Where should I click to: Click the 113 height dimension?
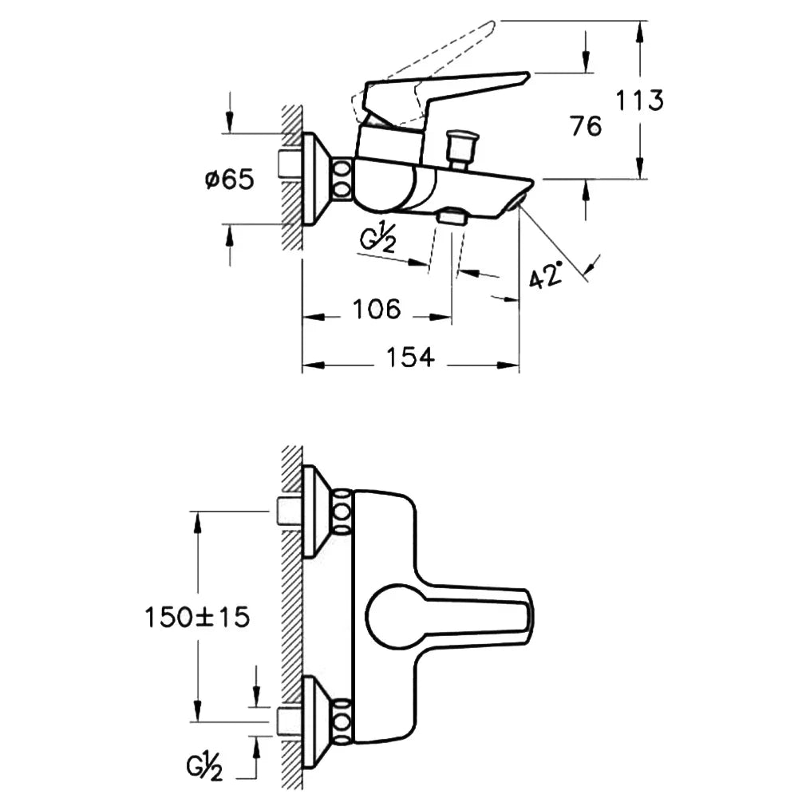pyautogui.click(x=640, y=101)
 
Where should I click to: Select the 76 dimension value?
pyautogui.click(x=586, y=126)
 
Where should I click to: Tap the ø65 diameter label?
pyautogui.click(x=229, y=179)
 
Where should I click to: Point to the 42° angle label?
pyautogui.click(x=546, y=275)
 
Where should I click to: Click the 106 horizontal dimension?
pyautogui.click(x=377, y=309)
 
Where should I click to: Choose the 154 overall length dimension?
pyautogui.click(x=410, y=357)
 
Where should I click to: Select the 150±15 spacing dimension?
pyautogui.click(x=197, y=618)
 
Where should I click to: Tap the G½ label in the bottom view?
pyautogui.click(x=204, y=767)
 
